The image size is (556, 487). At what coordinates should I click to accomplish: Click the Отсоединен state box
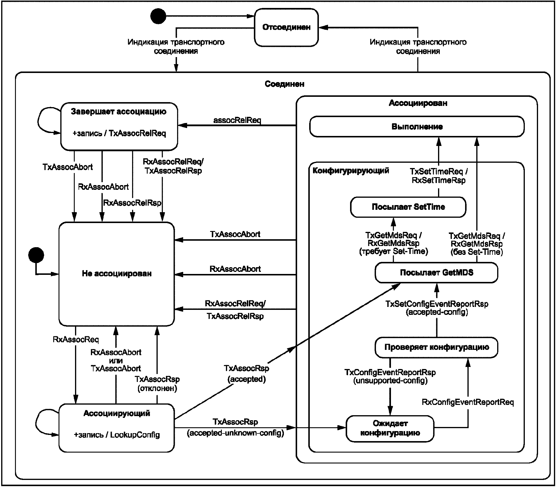coord(286,27)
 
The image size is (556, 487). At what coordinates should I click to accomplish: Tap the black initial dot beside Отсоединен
coord(158,16)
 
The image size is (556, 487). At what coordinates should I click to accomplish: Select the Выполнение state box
coord(417,127)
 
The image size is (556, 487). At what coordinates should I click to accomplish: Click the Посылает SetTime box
coord(408,207)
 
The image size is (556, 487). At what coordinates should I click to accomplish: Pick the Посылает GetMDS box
coord(436,273)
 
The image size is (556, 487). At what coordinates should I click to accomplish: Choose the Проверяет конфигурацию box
coord(436,347)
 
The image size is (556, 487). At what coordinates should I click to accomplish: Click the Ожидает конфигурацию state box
coord(390,428)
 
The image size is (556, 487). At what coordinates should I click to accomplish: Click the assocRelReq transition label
coord(237,120)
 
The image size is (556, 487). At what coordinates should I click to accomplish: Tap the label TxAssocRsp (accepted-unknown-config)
coord(235,427)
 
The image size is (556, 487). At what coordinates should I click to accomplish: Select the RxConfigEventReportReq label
coord(468,402)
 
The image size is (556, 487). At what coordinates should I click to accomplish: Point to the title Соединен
coord(284,84)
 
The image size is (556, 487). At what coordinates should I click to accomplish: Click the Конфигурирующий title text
coord(351,171)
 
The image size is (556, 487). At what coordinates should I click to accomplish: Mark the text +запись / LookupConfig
coord(117,435)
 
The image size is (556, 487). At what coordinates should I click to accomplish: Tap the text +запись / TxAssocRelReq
coord(119,133)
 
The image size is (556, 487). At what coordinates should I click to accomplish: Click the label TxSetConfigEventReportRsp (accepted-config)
coord(437,308)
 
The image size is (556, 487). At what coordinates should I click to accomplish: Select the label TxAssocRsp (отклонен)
coord(157,384)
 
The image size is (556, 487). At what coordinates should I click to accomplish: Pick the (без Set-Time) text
coord(477,252)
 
